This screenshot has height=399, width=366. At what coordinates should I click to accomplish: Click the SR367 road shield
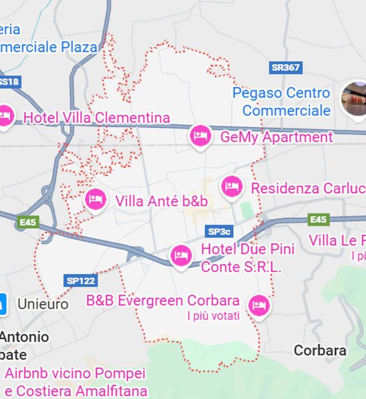(286, 68)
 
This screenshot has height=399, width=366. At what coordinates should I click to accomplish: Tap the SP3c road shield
(219, 231)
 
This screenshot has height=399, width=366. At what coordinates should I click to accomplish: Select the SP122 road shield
(81, 281)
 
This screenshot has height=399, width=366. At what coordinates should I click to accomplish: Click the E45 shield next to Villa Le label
(318, 220)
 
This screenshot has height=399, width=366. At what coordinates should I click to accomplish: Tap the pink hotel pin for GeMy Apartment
(200, 136)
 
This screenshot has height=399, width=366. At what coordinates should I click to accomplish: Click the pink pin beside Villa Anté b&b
(95, 199)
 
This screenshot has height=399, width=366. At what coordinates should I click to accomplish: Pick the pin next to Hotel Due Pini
(181, 255)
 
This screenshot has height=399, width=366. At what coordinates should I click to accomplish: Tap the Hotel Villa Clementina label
(97, 118)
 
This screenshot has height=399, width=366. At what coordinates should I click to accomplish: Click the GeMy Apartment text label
(277, 137)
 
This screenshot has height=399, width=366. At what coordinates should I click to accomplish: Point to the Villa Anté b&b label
(161, 201)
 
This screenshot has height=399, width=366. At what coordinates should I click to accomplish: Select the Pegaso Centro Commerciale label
(282, 102)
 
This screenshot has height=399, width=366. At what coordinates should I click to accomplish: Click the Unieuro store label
(43, 304)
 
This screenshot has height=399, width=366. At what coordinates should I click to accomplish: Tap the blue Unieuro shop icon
(3, 304)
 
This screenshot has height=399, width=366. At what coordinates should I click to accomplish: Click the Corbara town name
(320, 351)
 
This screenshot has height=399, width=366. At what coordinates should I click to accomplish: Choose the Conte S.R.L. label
(241, 267)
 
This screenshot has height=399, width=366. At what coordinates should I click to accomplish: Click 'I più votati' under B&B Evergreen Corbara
(213, 315)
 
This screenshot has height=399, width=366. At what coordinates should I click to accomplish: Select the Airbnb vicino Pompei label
(75, 374)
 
